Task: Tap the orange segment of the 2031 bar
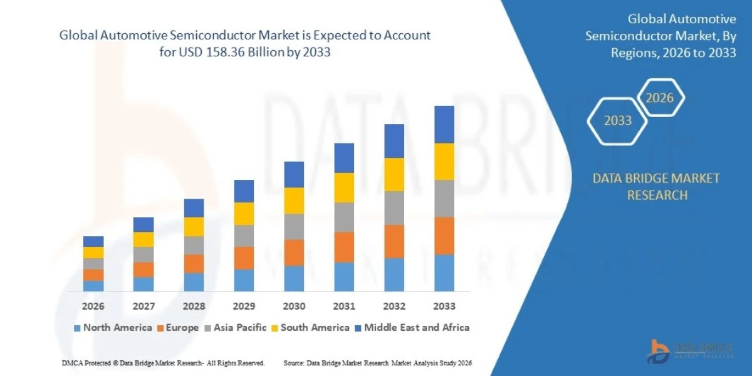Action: [344, 246]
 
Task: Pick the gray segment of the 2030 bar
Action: [294, 226]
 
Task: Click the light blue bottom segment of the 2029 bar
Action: [244, 280]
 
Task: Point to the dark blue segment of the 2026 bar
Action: [93, 241]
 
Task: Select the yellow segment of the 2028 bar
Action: [194, 226]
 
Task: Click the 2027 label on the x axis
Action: [144, 306]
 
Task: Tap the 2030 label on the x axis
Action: [294, 306]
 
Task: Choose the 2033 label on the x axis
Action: [444, 306]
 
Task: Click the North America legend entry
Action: [113, 327]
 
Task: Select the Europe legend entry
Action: [178, 327]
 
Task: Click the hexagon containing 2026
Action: [659, 98]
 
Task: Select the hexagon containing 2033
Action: [617, 120]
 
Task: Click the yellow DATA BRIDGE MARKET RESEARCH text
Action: [656, 187]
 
